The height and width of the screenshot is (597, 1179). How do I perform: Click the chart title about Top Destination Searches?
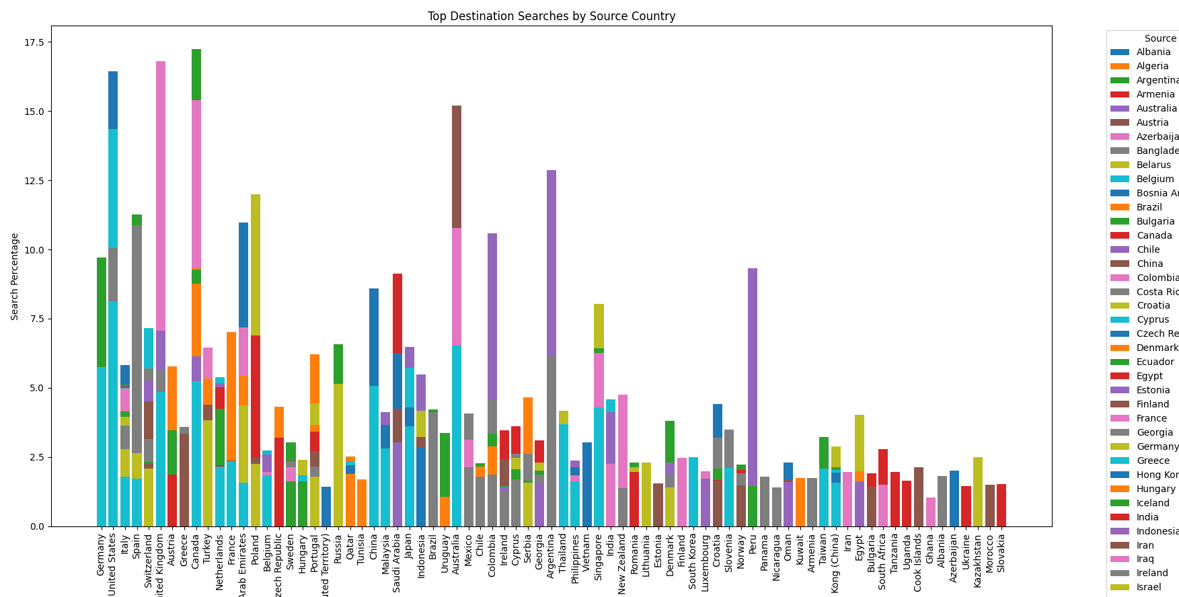tap(552, 16)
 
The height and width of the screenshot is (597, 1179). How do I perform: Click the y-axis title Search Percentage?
tap(15, 276)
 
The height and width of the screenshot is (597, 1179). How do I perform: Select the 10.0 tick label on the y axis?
tap(34, 250)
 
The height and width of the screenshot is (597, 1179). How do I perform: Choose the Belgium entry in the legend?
tap(1155, 179)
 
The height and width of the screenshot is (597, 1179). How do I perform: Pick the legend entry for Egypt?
tap(1149, 376)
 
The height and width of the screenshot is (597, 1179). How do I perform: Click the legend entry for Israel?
tap(1148, 587)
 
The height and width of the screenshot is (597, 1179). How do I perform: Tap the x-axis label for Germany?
tap(102, 555)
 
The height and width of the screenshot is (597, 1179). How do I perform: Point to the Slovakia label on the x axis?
tap(1001, 553)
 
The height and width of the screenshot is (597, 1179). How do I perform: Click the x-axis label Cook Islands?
tap(919, 563)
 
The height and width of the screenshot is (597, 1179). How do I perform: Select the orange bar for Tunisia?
tap(362, 503)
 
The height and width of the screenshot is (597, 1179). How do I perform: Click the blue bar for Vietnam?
tap(587, 484)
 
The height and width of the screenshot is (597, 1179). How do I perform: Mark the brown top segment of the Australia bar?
tap(457, 167)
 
